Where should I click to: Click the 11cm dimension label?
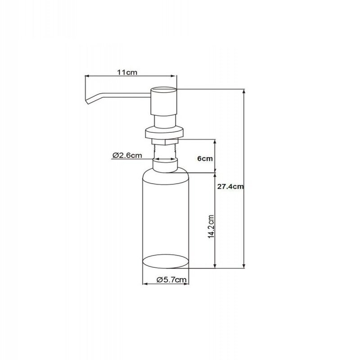127,72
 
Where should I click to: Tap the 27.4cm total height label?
230,186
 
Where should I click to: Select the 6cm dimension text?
205,158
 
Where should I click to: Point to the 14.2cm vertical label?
211,227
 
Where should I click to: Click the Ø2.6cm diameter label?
127,155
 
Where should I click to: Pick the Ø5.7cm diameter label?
171,279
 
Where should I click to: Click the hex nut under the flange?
165,142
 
